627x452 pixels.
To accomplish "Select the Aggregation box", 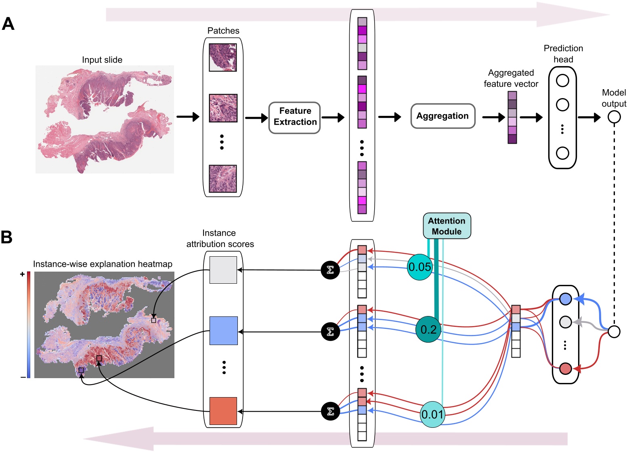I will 442,117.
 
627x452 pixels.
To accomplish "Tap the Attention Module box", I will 447,226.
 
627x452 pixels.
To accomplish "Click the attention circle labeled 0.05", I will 420,267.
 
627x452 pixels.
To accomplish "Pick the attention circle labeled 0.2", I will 428,329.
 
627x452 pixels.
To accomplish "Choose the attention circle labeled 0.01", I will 432,414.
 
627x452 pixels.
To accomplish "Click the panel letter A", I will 8,24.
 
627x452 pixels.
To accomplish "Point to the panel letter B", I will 7,237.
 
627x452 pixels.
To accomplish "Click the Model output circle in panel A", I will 614,117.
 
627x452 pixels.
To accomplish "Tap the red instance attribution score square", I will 223,411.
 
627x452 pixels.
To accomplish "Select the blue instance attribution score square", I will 223,331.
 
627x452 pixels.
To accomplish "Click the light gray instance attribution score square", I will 223,270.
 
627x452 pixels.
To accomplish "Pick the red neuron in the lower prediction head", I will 565,368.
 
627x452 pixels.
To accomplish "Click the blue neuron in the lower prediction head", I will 565,299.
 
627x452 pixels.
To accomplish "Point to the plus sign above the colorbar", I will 23,274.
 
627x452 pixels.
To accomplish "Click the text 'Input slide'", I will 102,60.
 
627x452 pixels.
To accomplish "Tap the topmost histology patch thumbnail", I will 223,58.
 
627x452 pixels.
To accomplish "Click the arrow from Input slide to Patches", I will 188,117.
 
